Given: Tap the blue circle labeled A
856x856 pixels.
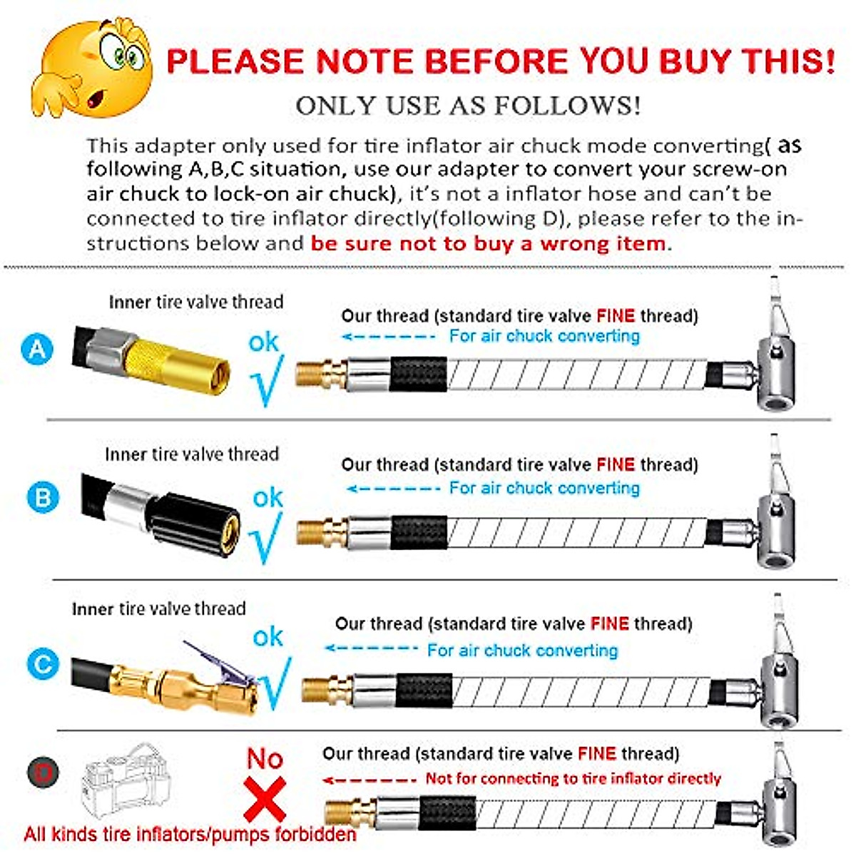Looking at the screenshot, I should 37,349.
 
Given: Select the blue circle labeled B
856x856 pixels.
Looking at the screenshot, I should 42,496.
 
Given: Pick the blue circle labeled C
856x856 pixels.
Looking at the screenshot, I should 42,665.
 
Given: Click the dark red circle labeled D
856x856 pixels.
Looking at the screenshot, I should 44,773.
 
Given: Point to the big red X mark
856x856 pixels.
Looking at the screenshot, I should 265,799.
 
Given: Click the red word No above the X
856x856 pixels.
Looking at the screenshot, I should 265,758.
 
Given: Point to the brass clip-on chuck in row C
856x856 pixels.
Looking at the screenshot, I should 207,685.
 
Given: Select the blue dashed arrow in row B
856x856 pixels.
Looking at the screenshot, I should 392,489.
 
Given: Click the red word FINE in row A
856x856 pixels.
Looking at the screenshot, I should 615,316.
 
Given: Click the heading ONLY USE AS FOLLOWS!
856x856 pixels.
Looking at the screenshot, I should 468,106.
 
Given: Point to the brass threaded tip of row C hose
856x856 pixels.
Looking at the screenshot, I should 318,690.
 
